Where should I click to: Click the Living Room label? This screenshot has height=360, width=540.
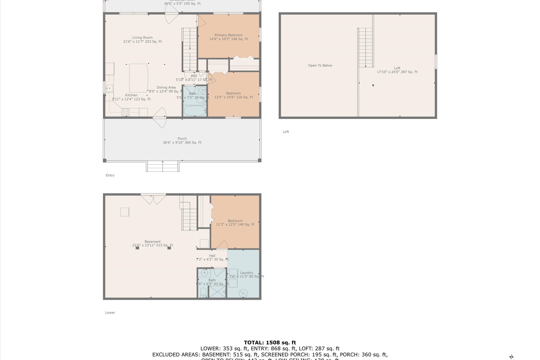[x=142, y=38]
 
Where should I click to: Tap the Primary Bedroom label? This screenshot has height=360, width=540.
[x=228, y=35]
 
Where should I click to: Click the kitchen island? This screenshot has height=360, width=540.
[x=139, y=78]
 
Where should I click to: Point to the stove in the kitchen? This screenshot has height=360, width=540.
[x=126, y=112]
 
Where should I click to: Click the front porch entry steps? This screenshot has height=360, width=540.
[x=163, y=166]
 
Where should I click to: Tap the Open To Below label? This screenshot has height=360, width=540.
[x=320, y=66]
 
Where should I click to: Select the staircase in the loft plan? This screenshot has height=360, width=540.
[x=366, y=48]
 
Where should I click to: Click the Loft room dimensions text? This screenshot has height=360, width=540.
[x=397, y=72]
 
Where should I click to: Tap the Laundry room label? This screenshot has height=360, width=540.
[x=246, y=273]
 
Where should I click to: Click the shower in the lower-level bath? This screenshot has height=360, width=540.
[x=217, y=292]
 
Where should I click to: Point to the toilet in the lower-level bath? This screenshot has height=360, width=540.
[x=203, y=292]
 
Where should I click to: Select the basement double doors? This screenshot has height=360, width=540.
[x=153, y=199]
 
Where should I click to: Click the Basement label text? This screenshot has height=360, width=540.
[x=153, y=242]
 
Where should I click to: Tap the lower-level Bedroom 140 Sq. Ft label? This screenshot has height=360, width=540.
[x=235, y=223]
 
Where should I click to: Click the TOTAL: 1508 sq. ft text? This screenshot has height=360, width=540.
[x=270, y=343]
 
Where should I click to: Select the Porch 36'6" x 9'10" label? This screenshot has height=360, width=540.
[x=182, y=141]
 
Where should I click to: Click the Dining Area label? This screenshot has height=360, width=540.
[x=166, y=88]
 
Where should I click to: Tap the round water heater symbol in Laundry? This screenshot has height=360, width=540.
[x=243, y=293]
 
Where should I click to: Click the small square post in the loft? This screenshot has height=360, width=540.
[x=373, y=85]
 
